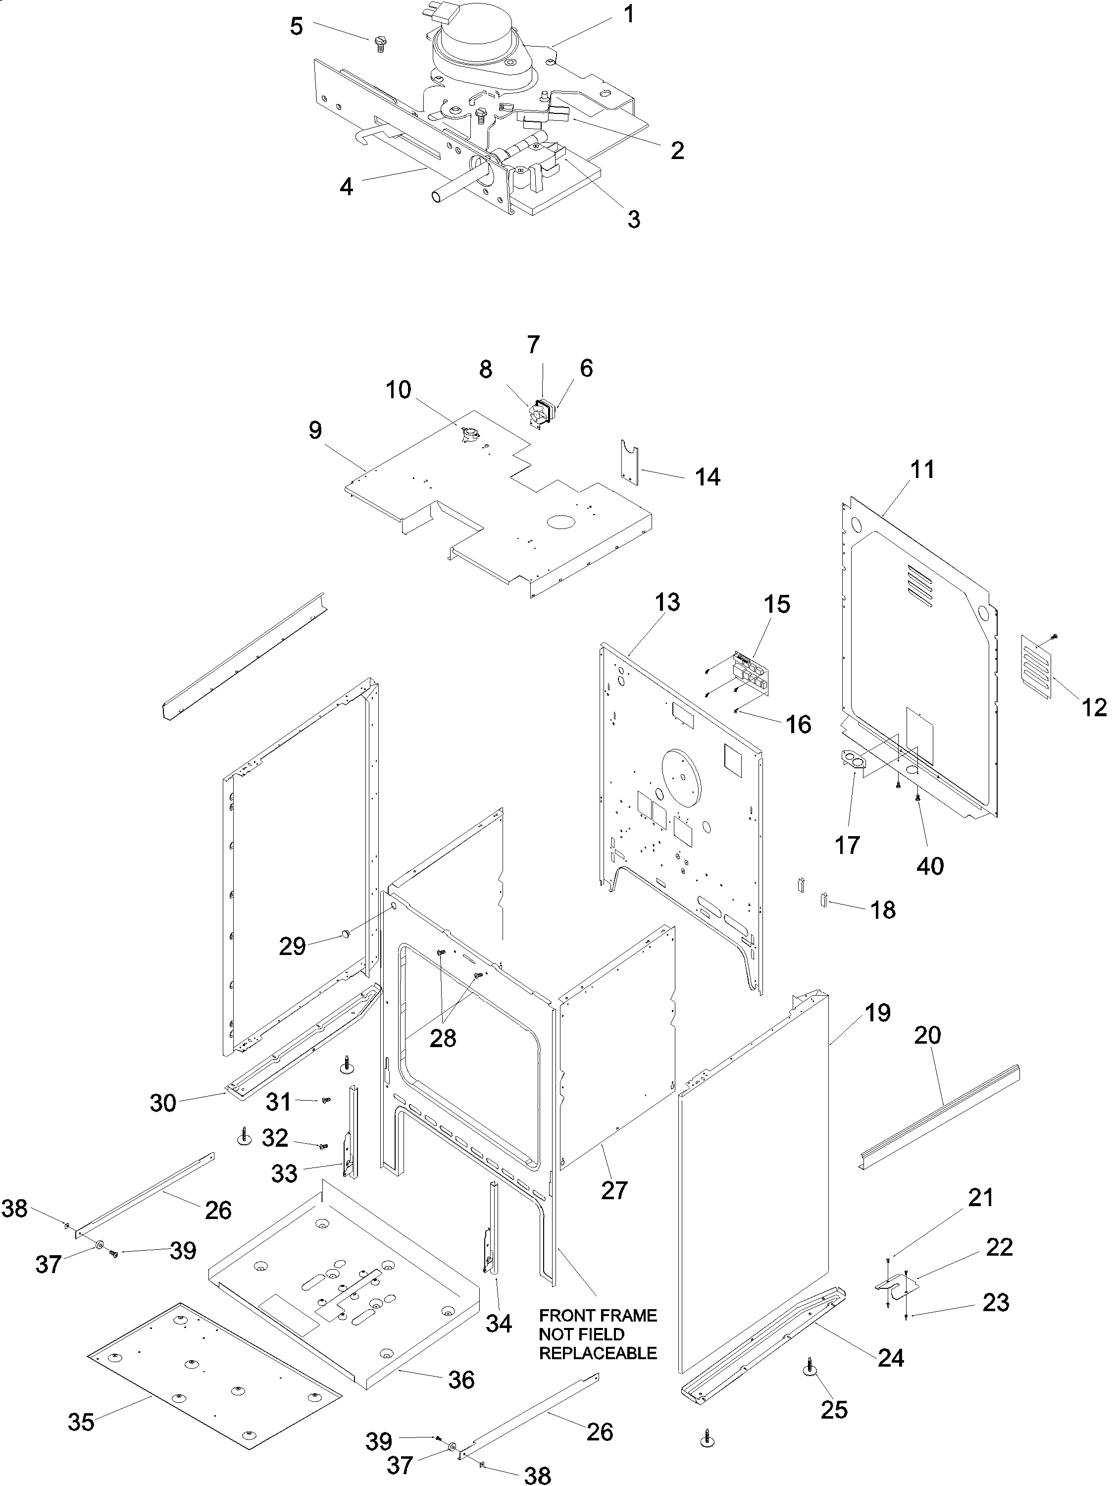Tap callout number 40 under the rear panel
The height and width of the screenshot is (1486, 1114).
(929, 866)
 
